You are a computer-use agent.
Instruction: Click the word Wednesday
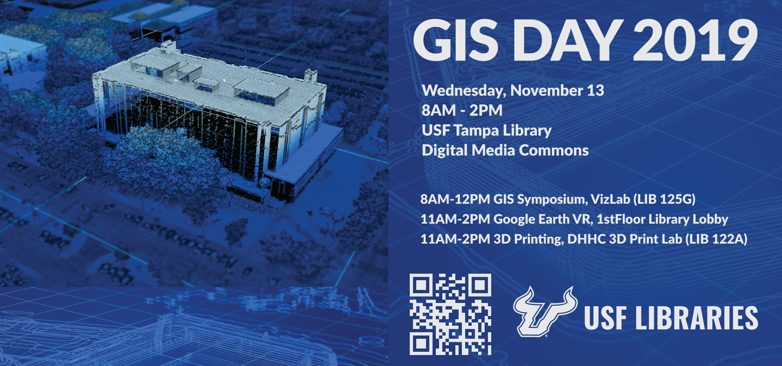click(464, 91)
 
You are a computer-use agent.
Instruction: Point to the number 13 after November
click(595, 90)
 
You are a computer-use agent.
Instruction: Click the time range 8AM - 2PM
click(462, 110)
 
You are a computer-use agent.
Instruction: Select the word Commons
click(554, 150)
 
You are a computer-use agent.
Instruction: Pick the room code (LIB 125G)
click(664, 199)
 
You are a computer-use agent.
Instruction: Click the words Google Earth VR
click(543, 219)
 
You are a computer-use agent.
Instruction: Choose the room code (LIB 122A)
click(716, 239)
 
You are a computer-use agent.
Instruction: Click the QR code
click(450, 314)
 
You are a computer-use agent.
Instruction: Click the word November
click(547, 90)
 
